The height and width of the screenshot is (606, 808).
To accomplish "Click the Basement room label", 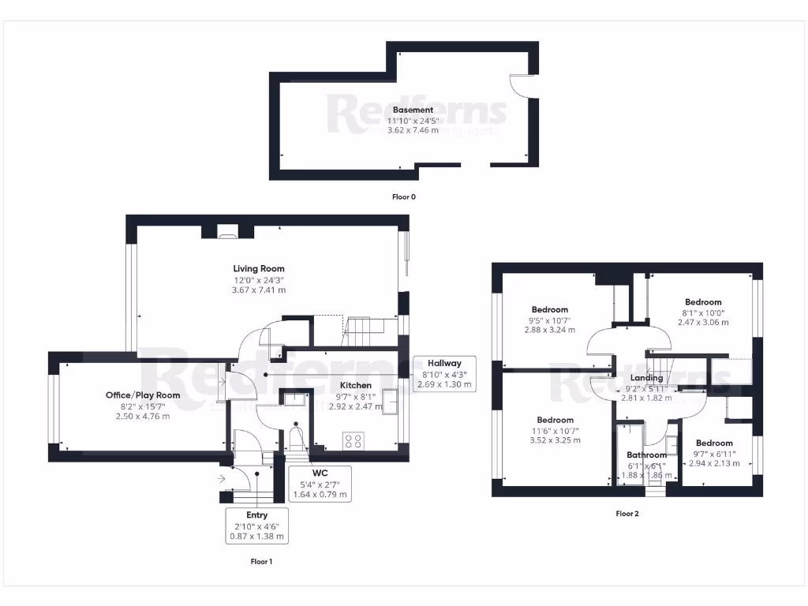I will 413,110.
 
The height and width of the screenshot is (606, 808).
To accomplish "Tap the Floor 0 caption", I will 403,196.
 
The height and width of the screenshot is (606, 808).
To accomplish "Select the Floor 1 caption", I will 260,562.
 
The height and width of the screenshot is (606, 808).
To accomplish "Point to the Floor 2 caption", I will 627,514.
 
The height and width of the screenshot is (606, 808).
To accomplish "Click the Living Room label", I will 259,269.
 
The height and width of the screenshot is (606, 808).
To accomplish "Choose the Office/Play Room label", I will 143,395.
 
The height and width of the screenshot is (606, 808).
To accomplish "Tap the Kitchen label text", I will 356,385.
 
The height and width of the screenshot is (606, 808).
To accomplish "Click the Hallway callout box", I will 444,374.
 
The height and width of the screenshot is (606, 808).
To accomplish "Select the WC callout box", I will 319,484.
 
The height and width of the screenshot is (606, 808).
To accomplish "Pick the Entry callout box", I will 256,526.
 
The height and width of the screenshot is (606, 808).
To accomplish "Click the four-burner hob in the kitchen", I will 353,440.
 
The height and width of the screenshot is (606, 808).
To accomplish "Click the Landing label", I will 646,378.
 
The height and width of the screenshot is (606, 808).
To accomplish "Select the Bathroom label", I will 646,455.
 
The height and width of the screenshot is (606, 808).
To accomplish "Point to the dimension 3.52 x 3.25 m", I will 555,440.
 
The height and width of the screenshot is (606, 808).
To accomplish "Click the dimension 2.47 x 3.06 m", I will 703,322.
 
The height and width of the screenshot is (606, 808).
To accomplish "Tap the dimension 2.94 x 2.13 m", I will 714,463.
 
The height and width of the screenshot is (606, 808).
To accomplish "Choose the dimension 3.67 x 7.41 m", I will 259,290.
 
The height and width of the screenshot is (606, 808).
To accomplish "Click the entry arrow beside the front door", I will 219,477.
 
